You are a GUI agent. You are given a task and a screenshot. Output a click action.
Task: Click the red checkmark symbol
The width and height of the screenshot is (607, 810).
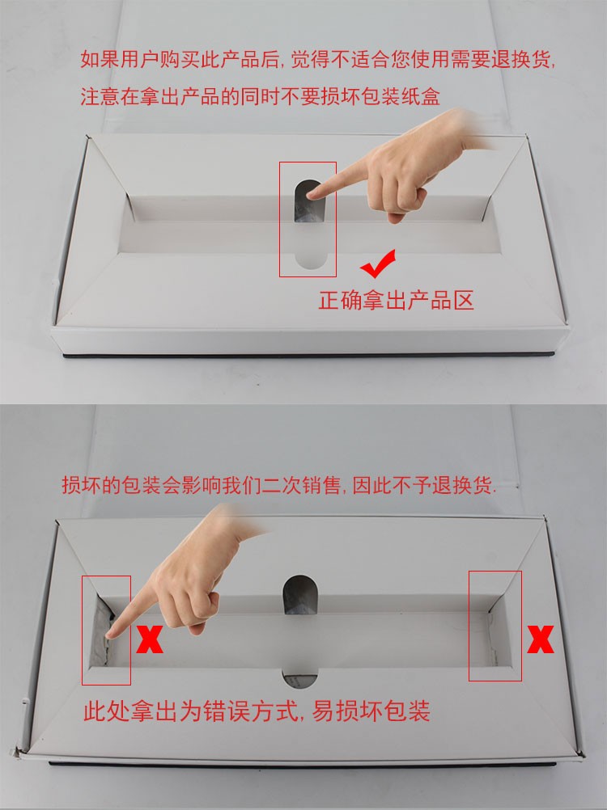[379, 264]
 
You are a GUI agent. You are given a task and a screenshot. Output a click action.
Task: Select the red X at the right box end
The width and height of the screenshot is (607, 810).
[541, 639]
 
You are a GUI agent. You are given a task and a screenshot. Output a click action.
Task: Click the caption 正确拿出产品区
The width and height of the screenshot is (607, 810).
[396, 300]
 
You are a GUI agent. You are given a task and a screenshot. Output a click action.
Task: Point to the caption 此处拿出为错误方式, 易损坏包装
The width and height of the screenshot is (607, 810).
[257, 711]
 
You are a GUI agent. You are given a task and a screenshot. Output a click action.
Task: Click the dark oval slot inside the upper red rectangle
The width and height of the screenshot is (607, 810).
[308, 201]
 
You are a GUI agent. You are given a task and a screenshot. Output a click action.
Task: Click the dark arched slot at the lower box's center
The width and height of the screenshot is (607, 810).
[300, 595]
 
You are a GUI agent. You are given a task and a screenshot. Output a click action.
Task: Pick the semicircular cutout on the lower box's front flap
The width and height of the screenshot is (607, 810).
[300, 679]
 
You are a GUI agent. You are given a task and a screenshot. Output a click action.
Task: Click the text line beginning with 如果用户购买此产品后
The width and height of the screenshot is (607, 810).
[318, 59]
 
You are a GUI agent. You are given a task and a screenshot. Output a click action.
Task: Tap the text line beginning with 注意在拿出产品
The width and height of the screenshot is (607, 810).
[260, 96]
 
